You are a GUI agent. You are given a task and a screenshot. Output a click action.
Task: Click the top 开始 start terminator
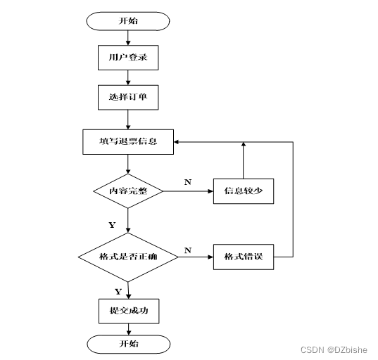pyautogui.click(x=128, y=21)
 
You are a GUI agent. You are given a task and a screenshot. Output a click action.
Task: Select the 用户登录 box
pyautogui.click(x=128, y=58)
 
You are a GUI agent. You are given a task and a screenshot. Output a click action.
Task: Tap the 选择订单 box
pyautogui.click(x=128, y=97)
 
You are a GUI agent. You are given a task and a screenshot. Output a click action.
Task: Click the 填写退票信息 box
pyautogui.click(x=128, y=142)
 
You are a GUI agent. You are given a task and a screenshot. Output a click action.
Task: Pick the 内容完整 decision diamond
pyautogui.click(x=128, y=191)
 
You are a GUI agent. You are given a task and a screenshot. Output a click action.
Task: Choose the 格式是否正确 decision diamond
pyautogui.click(x=128, y=257)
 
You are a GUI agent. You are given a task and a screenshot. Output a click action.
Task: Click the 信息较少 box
pyautogui.click(x=244, y=191)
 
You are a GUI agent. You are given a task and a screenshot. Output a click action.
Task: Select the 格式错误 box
pyautogui.click(x=244, y=257)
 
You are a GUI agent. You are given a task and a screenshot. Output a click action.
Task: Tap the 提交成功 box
pyautogui.click(x=129, y=311)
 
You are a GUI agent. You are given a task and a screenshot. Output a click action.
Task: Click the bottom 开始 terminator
pyautogui.click(x=129, y=344)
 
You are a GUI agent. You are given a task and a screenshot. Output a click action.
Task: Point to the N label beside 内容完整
pyautogui.click(x=188, y=182)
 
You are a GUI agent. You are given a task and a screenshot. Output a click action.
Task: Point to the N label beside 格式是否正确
pyautogui.click(x=188, y=250)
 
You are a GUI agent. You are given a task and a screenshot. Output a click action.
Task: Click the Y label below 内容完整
pyautogui.click(x=112, y=225)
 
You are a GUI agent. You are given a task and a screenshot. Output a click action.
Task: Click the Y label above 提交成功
pyautogui.click(x=118, y=292)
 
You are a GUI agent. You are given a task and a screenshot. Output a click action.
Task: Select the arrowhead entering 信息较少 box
pyautogui.click(x=210, y=191)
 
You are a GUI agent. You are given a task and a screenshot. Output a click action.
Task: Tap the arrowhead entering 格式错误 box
pyautogui.click(x=210, y=257)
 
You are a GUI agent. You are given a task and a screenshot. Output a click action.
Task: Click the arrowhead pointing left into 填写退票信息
pyautogui.click(x=176, y=142)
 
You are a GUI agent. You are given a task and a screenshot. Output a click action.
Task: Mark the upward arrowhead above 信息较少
pyautogui.click(x=244, y=144)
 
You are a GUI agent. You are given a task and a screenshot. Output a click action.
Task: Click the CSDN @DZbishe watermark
pyautogui.click(x=334, y=349)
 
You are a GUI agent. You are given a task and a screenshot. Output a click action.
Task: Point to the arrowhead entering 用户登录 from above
pyautogui.click(x=128, y=43)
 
